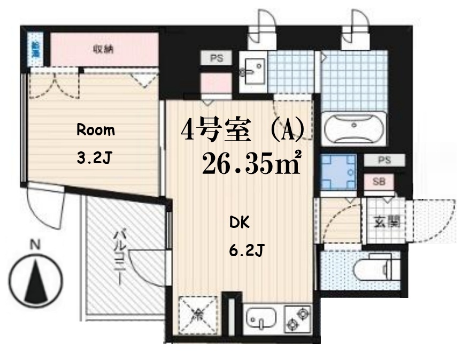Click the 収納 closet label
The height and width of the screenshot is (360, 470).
[x=105, y=49]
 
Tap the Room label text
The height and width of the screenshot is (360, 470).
[x=96, y=130]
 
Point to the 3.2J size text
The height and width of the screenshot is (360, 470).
[x=96, y=158]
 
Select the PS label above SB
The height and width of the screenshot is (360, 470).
[x=384, y=160]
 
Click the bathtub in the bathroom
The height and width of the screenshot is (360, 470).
[x=355, y=128]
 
